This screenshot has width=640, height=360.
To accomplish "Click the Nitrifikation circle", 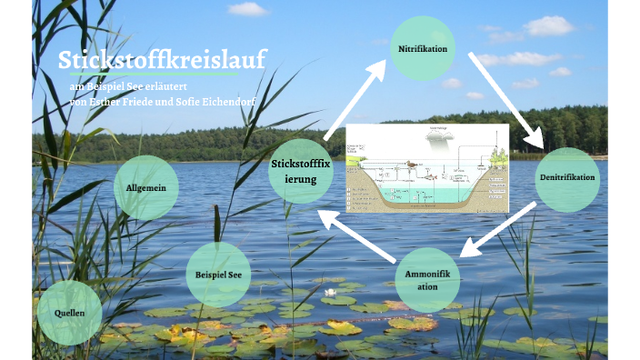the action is point(422,48).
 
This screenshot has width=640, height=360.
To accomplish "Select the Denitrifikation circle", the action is point(566,179).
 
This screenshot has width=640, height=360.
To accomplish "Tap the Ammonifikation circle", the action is point(427,279).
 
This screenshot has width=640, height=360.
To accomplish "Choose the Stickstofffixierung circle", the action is point(301,171).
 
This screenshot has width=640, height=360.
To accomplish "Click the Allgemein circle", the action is point(145,187).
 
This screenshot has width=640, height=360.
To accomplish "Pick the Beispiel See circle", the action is point(218,274).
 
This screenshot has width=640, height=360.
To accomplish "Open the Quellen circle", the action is point(70,312).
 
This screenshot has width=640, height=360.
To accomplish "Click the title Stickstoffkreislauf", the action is point(162,60).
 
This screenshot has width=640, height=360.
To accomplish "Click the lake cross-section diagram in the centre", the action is point(427,167).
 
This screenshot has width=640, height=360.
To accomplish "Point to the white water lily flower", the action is point(331,293).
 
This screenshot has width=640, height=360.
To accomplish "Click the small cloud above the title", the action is point(247,9).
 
